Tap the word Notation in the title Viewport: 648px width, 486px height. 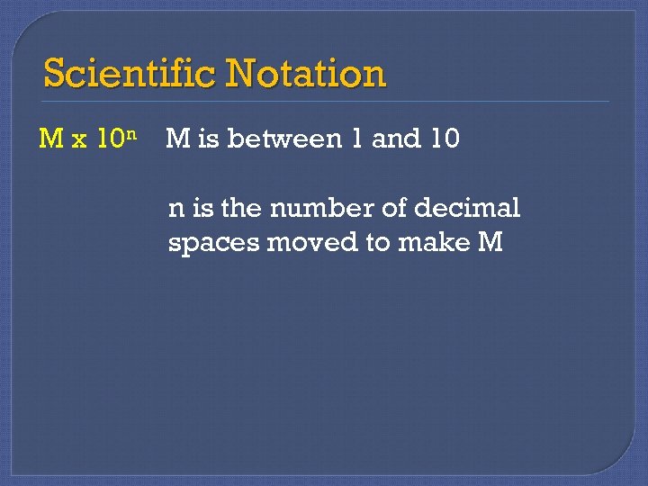click(x=307, y=73)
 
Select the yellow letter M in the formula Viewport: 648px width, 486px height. click(x=50, y=139)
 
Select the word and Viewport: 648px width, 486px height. click(x=392, y=139)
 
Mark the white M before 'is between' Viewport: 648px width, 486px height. click(x=178, y=139)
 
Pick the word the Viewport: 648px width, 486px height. click(x=240, y=209)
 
